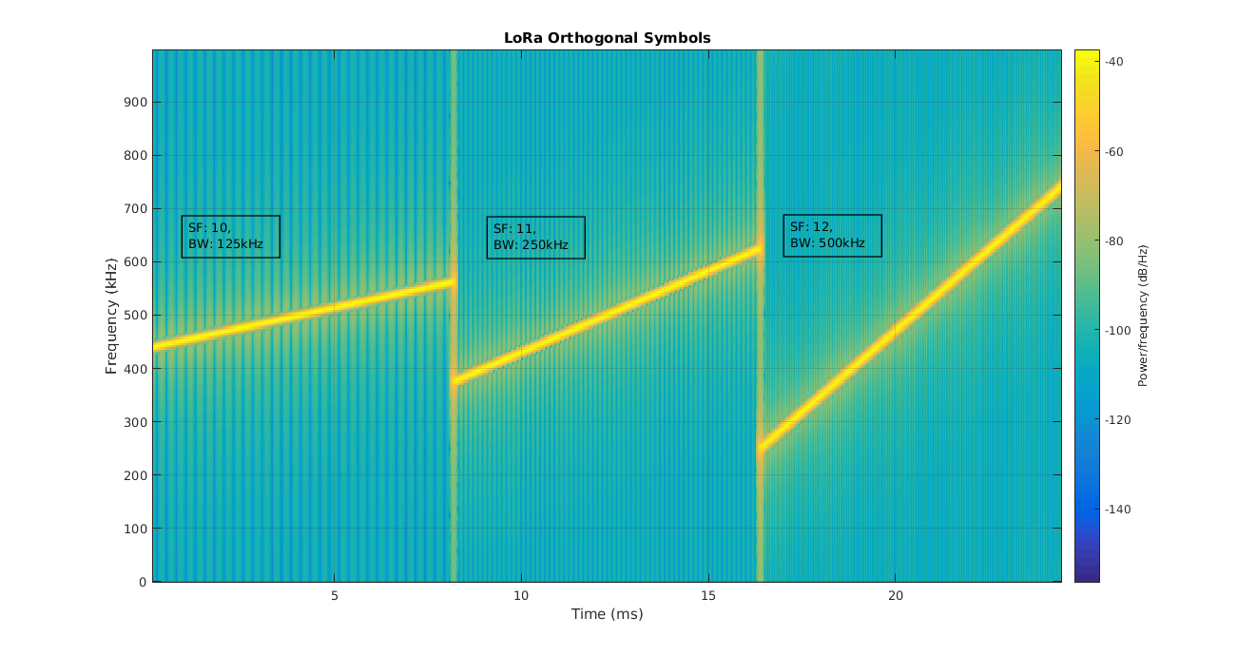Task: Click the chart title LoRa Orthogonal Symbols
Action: point(608,38)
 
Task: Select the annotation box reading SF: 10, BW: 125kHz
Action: point(230,237)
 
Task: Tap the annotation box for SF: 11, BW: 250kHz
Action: point(535,238)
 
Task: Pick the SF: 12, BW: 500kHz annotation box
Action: point(832,236)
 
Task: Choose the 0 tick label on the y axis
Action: point(143,582)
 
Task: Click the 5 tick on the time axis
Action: point(335,596)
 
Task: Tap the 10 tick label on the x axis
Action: point(521,596)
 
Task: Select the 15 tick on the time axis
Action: point(708,596)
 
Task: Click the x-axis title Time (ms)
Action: point(607,614)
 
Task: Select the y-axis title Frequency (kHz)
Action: point(111,315)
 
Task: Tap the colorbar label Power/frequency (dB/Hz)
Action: point(1144,315)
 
